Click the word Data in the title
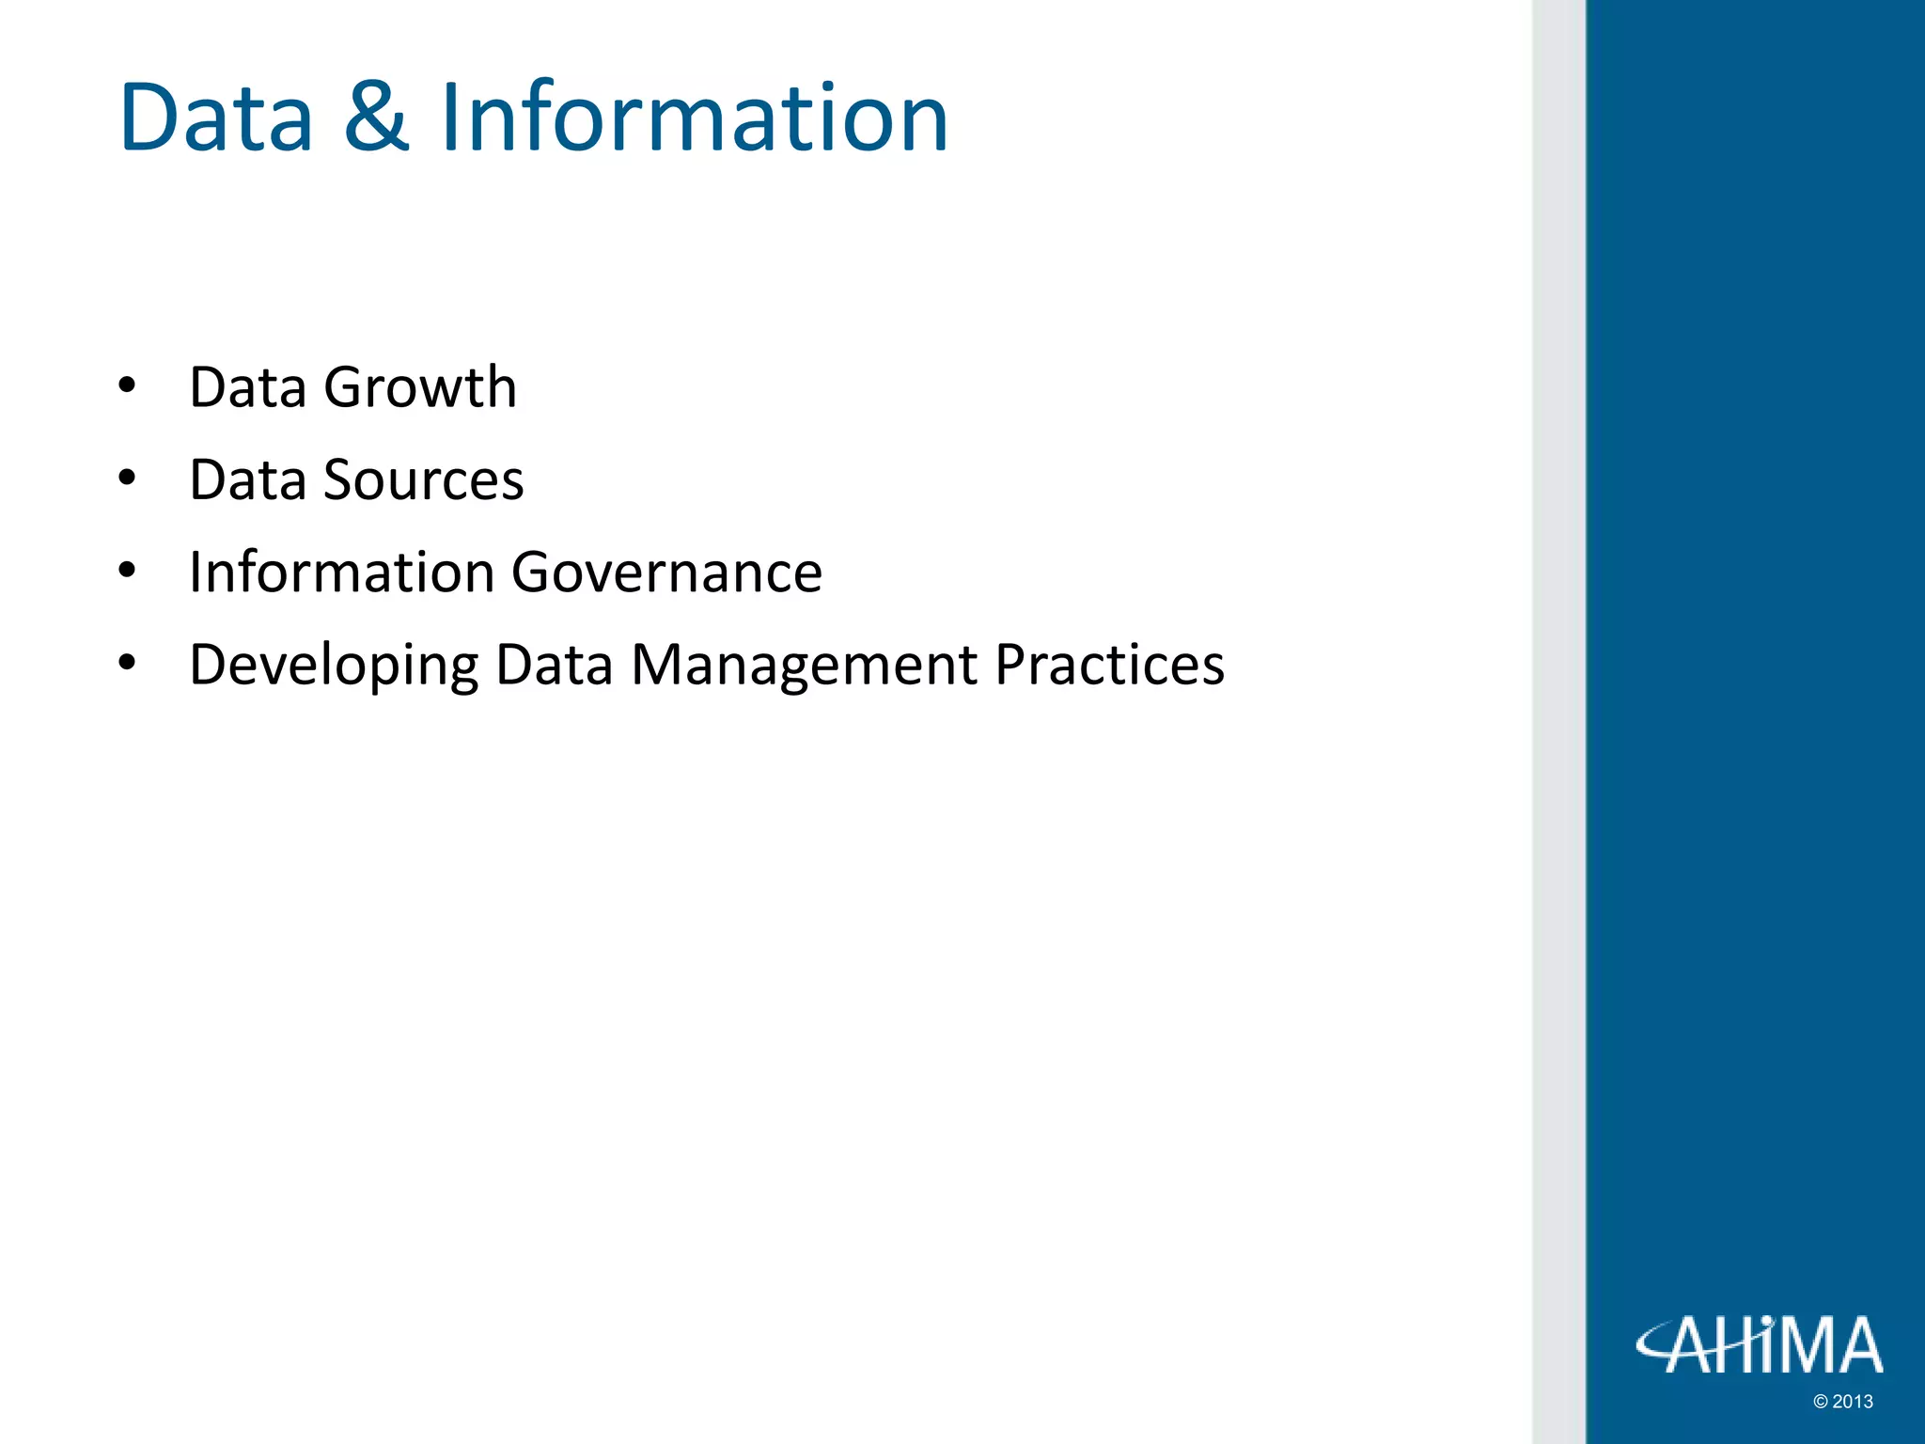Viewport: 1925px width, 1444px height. [216, 118]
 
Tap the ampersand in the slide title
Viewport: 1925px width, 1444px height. [376, 118]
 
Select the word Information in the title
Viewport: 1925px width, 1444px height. [694, 118]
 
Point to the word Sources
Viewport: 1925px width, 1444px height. [423, 479]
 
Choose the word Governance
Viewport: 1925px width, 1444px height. [667, 572]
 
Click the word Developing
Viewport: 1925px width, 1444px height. [334, 666]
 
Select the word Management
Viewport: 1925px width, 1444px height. [805, 664]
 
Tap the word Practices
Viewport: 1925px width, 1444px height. [1109, 664]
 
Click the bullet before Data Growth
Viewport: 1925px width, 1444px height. [128, 386]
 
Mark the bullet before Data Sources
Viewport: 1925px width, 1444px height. [128, 479]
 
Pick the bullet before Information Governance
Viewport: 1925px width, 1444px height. [128, 571]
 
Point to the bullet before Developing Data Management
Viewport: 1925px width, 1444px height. [128, 663]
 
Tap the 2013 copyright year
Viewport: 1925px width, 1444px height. [1853, 1402]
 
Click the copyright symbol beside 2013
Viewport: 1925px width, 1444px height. [1821, 1402]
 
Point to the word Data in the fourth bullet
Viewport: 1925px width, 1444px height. [555, 664]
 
